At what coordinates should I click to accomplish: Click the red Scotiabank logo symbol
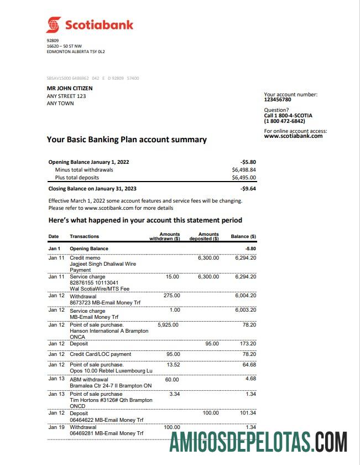pos(53,25)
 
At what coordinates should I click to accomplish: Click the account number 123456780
pos(278,100)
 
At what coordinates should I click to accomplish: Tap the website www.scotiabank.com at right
pos(293,136)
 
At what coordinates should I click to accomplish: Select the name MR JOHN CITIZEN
pos(70,88)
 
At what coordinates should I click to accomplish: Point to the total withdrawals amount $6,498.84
pos(244,170)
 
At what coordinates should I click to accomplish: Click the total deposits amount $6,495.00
pos(244,178)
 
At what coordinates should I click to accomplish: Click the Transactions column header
pos(85,236)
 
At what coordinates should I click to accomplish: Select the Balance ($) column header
pos(243,236)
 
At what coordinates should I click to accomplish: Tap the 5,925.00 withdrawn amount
pos(168,325)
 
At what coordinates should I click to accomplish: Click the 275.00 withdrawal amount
pos(172,296)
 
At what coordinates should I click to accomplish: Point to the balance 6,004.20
pos(246,296)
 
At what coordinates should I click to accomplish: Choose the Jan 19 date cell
pos(56,427)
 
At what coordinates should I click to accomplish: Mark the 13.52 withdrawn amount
pos(173,365)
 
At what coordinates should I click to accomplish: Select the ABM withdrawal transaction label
pos(89,380)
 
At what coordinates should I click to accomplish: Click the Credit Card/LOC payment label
pos(101,354)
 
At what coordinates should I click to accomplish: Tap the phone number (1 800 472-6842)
pos(285,121)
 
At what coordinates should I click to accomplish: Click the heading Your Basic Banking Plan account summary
pos(127,139)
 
